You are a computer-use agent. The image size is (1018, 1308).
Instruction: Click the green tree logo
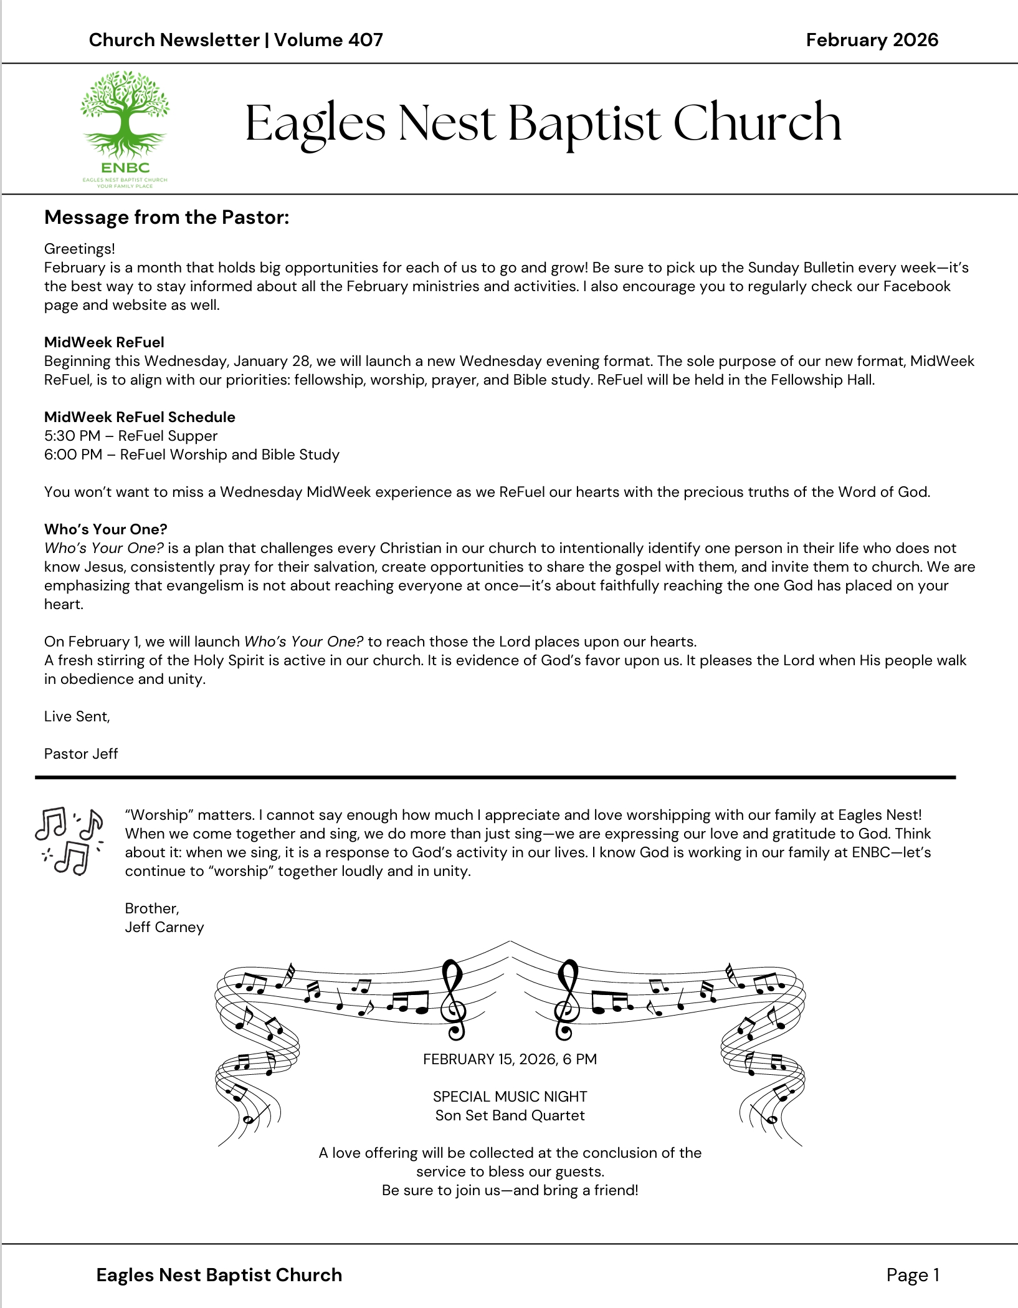coord(125,118)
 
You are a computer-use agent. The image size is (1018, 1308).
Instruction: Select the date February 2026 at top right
coord(872,40)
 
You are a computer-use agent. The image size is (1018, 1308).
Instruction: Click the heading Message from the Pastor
coord(166,217)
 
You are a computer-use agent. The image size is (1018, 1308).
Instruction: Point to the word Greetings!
coord(79,249)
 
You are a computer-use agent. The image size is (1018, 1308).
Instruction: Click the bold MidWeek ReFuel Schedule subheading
coord(140,417)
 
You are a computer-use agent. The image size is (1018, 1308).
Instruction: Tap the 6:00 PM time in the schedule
coord(73,454)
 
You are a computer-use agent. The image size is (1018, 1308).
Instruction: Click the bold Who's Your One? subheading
coord(105,529)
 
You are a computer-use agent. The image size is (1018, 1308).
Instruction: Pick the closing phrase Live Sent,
coord(77,716)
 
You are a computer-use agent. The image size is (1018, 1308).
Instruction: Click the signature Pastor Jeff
coord(81,754)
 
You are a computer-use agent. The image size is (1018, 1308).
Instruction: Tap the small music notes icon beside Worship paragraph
coord(69,841)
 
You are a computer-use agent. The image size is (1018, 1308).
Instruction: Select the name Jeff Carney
coord(164,927)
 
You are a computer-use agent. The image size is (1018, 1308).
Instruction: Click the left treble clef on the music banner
coord(453,999)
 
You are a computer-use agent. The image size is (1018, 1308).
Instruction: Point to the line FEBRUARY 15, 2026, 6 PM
coord(510,1059)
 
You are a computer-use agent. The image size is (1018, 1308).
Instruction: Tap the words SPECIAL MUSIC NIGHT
coord(510,1097)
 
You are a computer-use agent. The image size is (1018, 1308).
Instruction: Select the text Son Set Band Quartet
coord(510,1115)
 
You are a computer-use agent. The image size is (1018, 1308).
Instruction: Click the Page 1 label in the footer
coord(912,1275)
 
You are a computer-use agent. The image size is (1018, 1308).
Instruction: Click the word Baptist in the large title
coord(584,122)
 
